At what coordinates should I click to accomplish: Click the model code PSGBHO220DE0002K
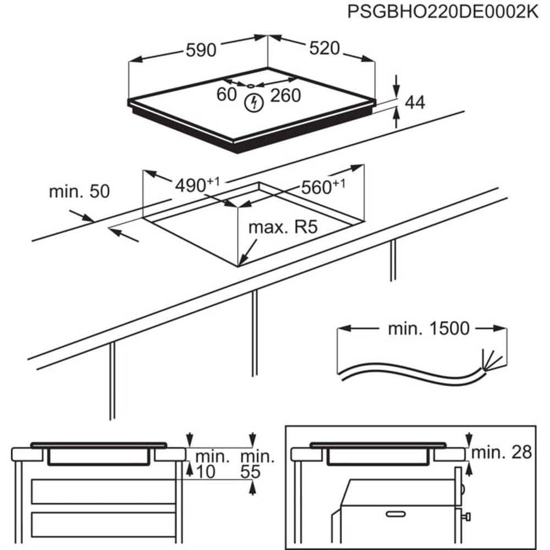pyautogui.click(x=443, y=13)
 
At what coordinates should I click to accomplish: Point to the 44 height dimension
pyautogui.click(x=415, y=102)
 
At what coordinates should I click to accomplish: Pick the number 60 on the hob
pyautogui.click(x=226, y=95)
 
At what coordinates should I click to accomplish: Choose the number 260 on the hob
pyautogui.click(x=285, y=96)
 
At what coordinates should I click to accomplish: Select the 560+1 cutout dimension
pyautogui.click(x=322, y=187)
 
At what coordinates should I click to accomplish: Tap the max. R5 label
pyautogui.click(x=283, y=227)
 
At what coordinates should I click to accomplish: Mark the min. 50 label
pyautogui.click(x=79, y=192)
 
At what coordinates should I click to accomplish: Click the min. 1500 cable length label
pyautogui.click(x=429, y=329)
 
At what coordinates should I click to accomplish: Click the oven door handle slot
pyautogui.click(x=395, y=514)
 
